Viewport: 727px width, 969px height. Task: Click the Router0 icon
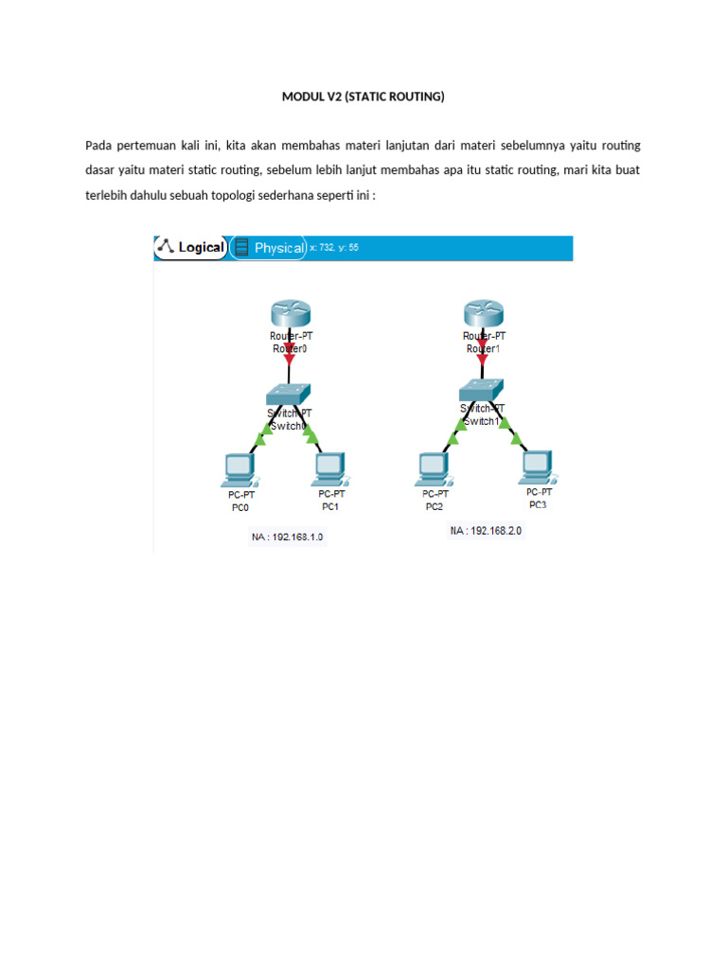[x=289, y=312]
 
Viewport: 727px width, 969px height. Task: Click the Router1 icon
[x=483, y=313]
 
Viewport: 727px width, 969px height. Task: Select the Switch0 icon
[x=290, y=391]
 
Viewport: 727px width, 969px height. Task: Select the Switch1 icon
[x=481, y=387]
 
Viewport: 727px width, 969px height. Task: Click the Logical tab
[x=192, y=248]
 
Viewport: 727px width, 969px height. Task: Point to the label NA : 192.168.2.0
[x=486, y=532]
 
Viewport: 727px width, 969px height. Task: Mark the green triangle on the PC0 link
[x=263, y=437]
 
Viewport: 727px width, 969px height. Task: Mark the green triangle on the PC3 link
[x=516, y=437]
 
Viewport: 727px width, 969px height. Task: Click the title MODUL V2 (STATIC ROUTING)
[x=363, y=97]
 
